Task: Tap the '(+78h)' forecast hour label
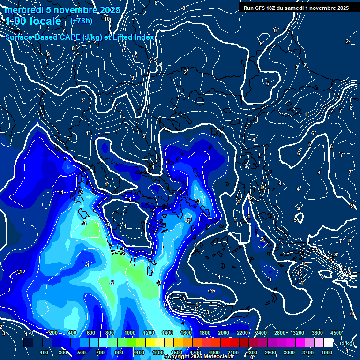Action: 81,21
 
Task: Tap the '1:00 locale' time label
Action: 34,22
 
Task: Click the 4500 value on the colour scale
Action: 336,333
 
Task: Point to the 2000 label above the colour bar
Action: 224,333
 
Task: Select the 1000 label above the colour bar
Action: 130,333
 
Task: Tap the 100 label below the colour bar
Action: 45,352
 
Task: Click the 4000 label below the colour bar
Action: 327,352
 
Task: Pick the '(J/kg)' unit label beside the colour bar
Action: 346,344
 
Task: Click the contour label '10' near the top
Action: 107,19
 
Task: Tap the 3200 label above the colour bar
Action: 299,333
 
